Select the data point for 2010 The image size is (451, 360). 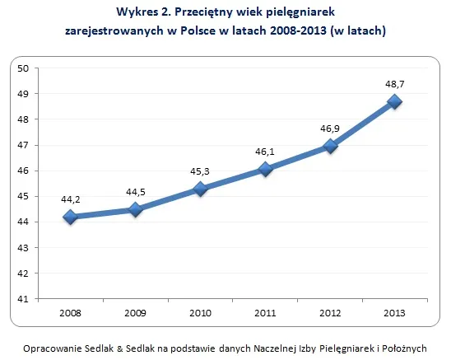[200, 189]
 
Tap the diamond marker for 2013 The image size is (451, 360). [395, 101]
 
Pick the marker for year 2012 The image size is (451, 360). [330, 146]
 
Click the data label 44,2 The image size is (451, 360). [70, 199]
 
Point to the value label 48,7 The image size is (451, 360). [395, 83]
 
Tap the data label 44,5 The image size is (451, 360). [135, 192]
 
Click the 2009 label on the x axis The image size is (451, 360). [135, 314]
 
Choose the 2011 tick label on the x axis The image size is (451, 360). [265, 314]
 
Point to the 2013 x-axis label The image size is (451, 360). [395, 314]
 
